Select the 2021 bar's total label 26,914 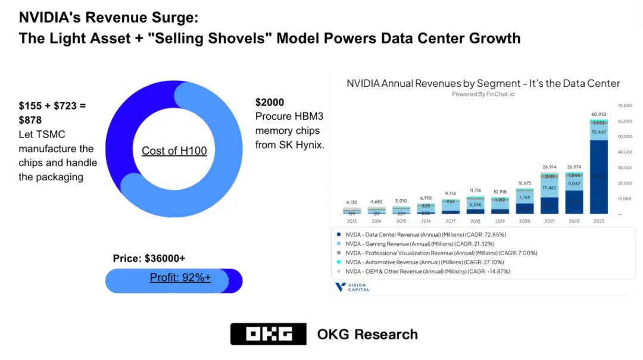(x=550, y=167)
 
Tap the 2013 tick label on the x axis (x=352, y=221)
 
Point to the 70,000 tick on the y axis (x=624, y=105)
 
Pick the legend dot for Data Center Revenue (x=339, y=234)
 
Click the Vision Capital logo (x=353, y=287)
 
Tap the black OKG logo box (x=268, y=334)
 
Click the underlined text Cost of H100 (x=174, y=151)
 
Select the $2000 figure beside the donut (x=270, y=102)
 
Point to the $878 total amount (x=30, y=120)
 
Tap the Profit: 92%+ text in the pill (x=180, y=277)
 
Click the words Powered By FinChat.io (x=483, y=94)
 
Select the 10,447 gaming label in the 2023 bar (x=598, y=132)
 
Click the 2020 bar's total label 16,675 (x=525, y=183)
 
